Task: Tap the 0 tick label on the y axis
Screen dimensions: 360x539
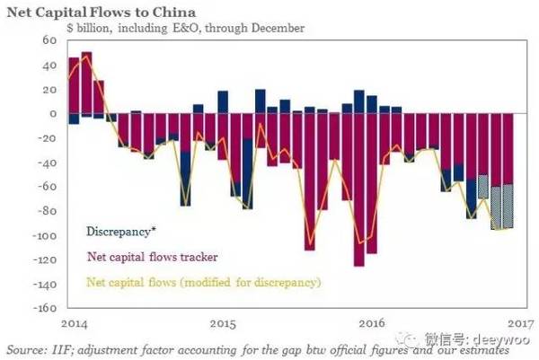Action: (49, 114)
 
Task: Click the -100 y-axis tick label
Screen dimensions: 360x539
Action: (39, 235)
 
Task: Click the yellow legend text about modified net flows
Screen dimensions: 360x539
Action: (203, 282)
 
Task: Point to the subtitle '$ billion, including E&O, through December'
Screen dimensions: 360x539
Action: (185, 28)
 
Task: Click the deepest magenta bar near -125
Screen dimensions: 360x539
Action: (358, 189)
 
